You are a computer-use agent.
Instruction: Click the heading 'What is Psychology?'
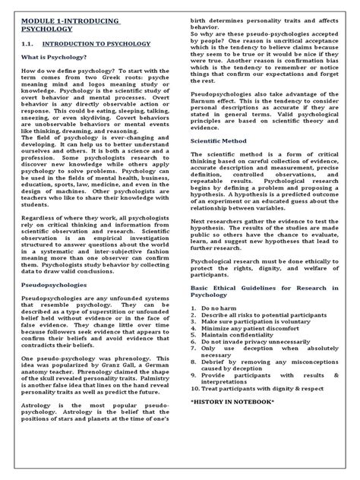pyautogui.click(x=53, y=78)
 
